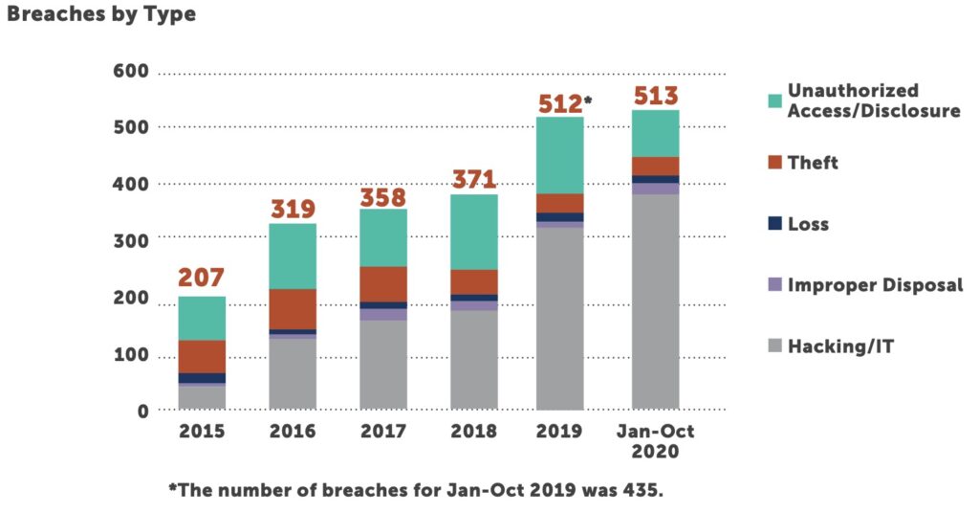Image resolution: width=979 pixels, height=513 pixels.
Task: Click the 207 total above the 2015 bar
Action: tap(202, 279)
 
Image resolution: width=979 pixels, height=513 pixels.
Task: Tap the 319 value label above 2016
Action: tap(293, 208)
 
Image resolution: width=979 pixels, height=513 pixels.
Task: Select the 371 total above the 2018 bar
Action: tap(473, 178)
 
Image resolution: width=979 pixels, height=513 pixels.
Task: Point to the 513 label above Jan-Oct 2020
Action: tap(655, 97)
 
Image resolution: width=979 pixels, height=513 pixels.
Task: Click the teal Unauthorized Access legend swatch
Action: tap(774, 100)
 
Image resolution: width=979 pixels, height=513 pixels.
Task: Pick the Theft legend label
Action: tap(813, 163)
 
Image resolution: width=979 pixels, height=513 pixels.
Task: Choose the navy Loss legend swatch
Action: tap(774, 224)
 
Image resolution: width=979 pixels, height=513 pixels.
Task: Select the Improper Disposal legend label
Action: tap(875, 285)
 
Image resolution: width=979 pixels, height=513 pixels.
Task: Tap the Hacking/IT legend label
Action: tap(840, 346)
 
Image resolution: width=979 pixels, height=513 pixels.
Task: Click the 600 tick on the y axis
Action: tap(130, 72)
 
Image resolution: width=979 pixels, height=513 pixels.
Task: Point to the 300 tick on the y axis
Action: tap(130, 241)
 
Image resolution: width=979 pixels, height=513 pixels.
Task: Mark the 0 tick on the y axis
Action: tap(142, 411)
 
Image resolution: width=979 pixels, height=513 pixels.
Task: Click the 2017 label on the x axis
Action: tap(383, 432)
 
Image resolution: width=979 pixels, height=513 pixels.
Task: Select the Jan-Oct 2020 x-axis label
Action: tap(655, 441)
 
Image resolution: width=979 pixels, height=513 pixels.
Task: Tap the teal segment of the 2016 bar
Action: tap(293, 256)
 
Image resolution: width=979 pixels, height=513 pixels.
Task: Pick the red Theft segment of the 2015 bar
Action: tap(202, 356)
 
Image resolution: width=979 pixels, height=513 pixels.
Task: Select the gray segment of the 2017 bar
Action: tap(383, 365)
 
